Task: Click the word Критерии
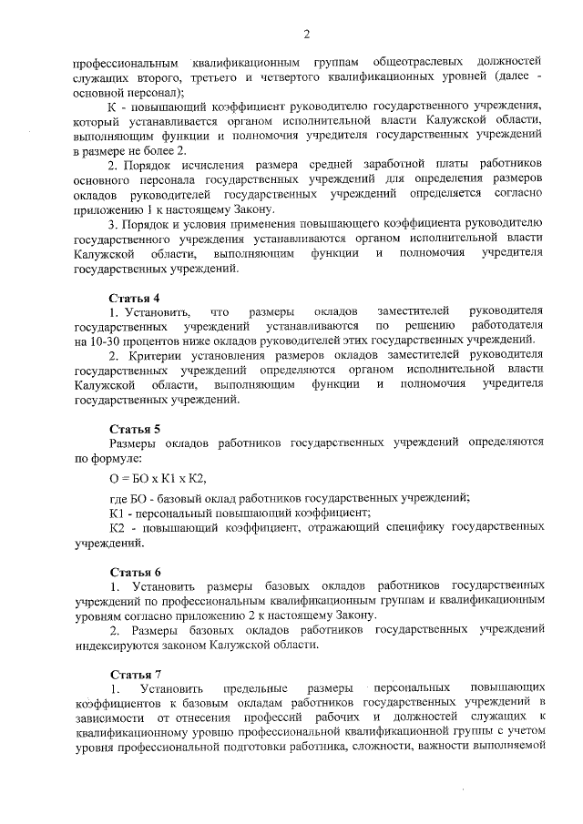(157, 355)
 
